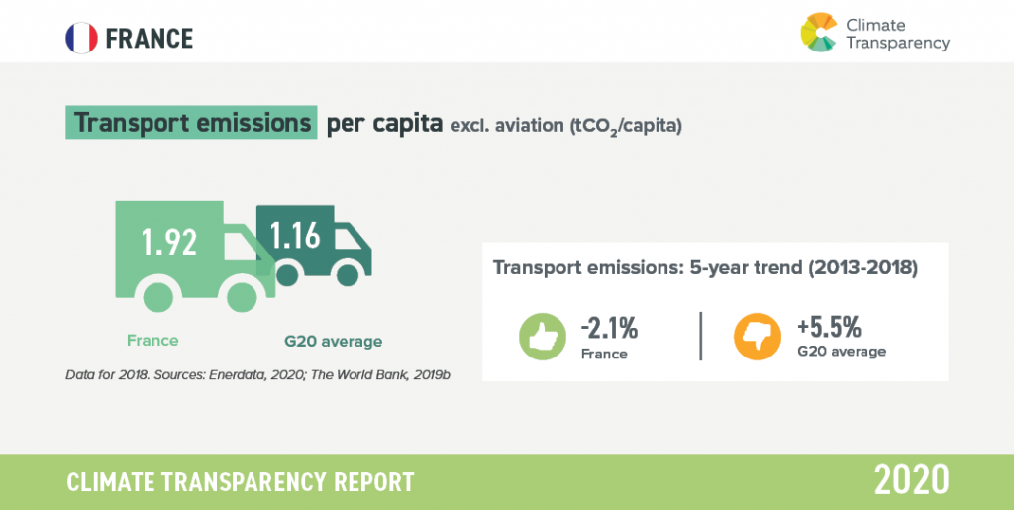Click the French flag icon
81,38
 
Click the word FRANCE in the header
150,39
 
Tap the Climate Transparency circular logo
819,33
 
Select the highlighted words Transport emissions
192,123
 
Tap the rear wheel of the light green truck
157,298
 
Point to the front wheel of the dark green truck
348,275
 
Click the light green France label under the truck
152,340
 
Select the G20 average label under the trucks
333,342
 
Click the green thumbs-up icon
543,336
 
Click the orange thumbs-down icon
756,336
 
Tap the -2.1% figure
609,329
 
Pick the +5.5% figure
829,329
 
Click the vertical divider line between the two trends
701,336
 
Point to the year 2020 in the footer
912,481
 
